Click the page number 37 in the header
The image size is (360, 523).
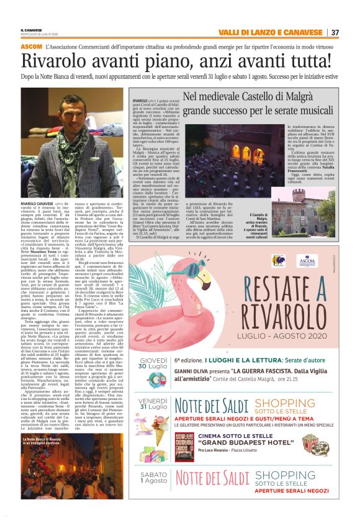335,32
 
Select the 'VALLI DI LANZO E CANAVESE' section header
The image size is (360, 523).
272,32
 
